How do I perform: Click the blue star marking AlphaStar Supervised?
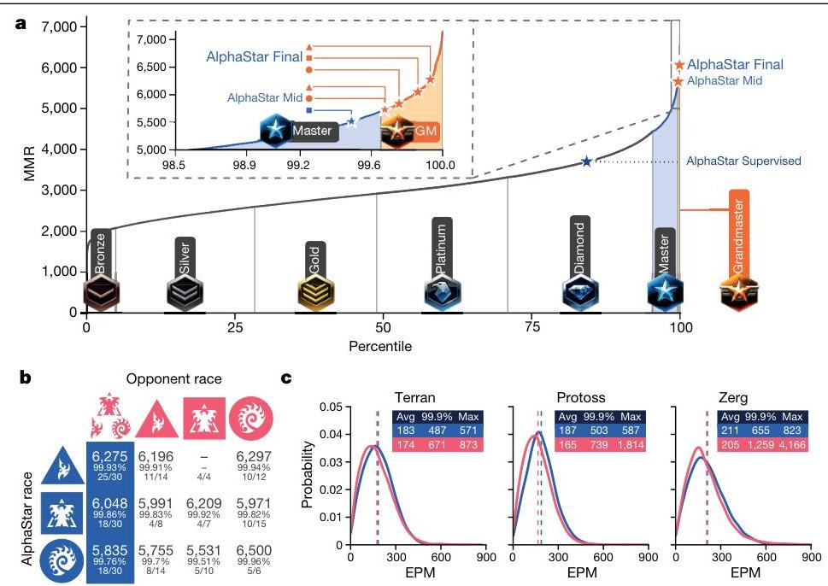(x=586, y=161)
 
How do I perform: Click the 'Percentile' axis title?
(x=380, y=347)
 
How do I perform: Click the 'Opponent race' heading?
(x=181, y=379)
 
